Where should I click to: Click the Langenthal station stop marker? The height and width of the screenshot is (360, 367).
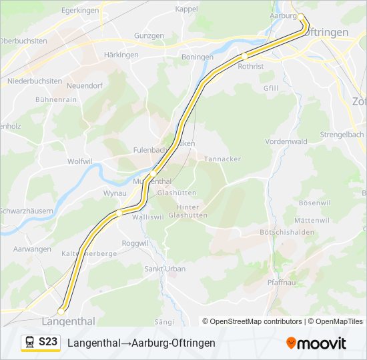pyautogui.click(x=61, y=311)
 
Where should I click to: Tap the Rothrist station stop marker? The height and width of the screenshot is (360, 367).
pyautogui.click(x=245, y=56)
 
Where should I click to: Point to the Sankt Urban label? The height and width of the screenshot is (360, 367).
pyautogui.click(x=165, y=269)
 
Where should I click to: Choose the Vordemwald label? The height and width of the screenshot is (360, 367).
pyautogui.click(x=286, y=141)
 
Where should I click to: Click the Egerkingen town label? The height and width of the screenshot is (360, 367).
pyautogui.click(x=79, y=11)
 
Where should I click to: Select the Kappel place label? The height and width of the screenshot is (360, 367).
pyautogui.click(x=186, y=9)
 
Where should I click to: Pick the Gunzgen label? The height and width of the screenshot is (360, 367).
pyautogui.click(x=148, y=35)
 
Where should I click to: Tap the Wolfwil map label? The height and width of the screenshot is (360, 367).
pyautogui.click(x=79, y=161)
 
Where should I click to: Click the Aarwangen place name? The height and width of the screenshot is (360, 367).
pyautogui.click(x=32, y=249)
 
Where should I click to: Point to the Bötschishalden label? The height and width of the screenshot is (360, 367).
pyautogui.click(x=286, y=232)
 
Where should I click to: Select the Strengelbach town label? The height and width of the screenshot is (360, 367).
pyautogui.click(x=342, y=134)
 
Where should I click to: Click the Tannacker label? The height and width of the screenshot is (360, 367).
pyautogui.click(x=222, y=159)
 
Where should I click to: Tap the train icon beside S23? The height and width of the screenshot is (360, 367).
pyautogui.click(x=30, y=343)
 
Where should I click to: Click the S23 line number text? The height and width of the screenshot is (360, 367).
pyautogui.click(x=48, y=342)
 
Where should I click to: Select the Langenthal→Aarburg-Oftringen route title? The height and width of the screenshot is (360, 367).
pyautogui.click(x=141, y=343)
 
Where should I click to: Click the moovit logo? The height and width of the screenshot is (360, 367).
pyautogui.click(x=316, y=343)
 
